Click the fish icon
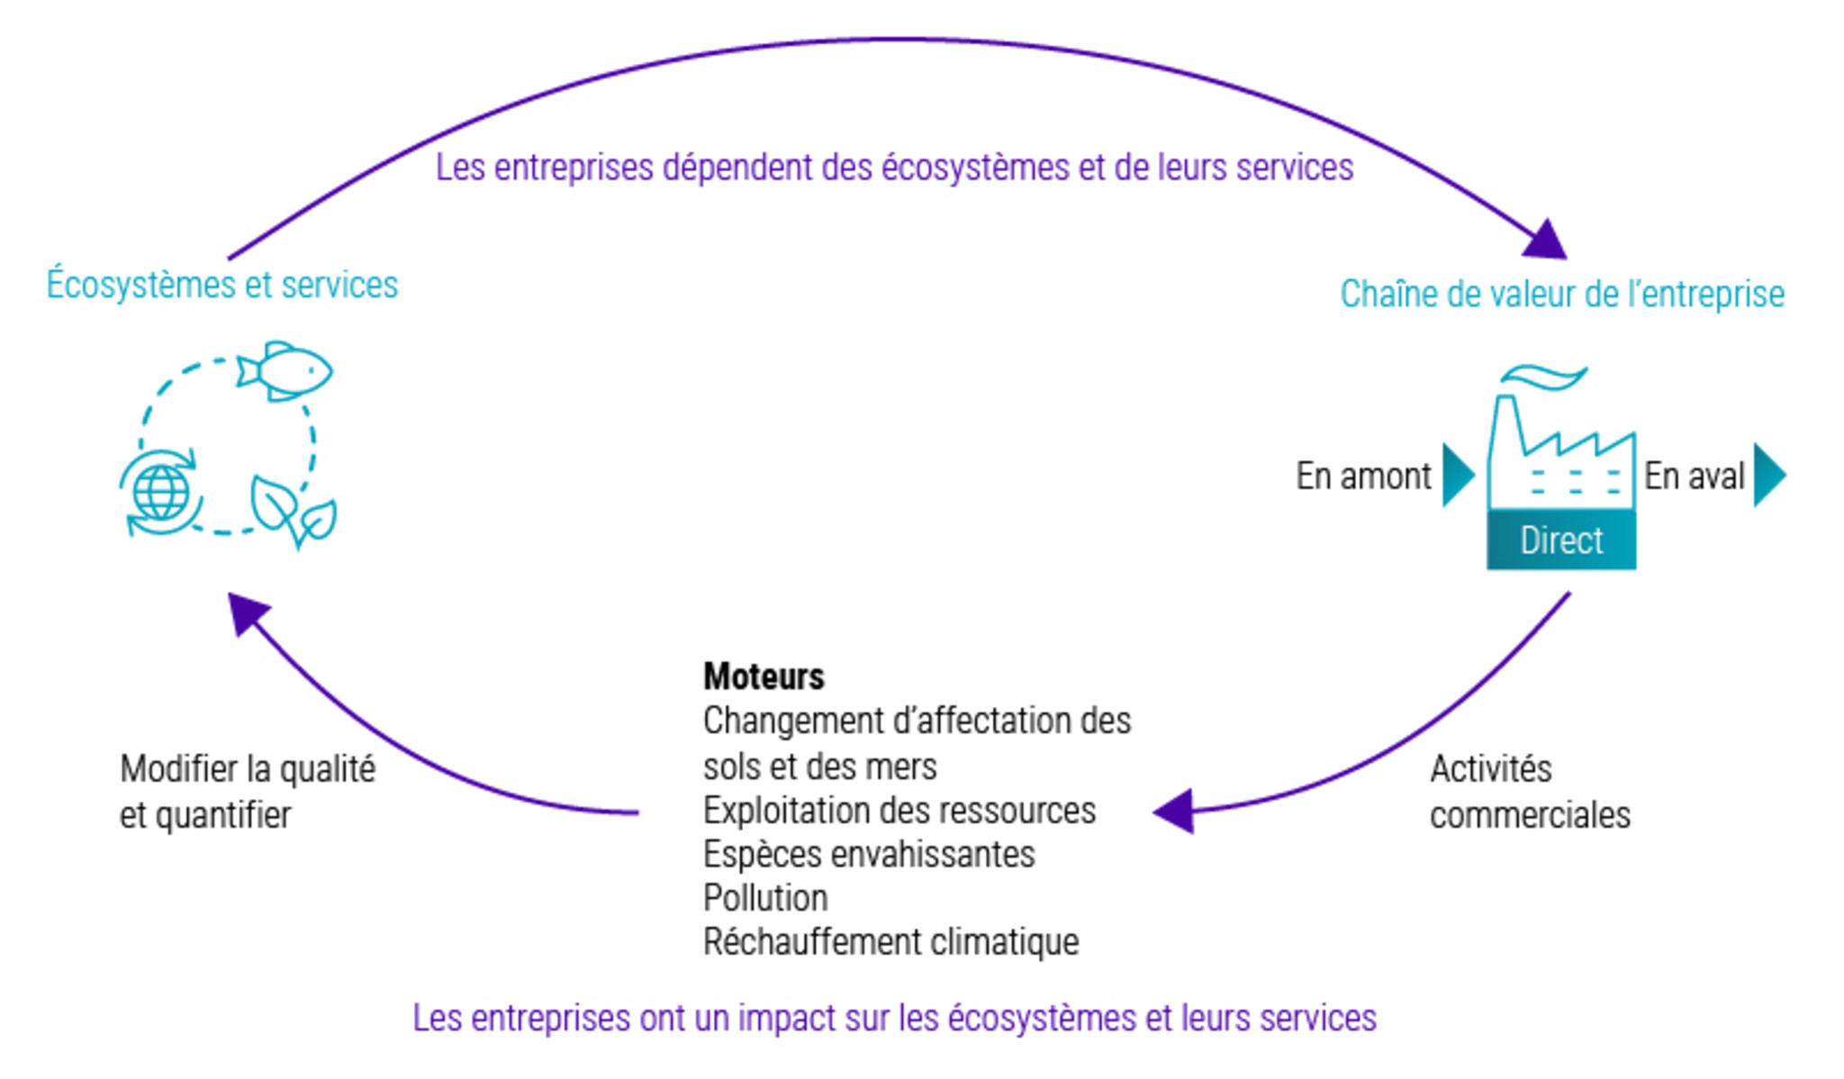(285, 370)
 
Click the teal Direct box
(1561, 539)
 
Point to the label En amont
(1363, 476)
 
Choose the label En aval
(1694, 476)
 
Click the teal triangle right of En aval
(1768, 475)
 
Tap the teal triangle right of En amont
(1457, 475)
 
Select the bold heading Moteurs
(764, 676)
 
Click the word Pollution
(765, 898)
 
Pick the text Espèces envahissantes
(869, 854)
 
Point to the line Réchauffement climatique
(890, 942)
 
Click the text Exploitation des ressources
(899, 811)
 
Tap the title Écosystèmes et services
(222, 285)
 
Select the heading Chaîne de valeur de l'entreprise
(1562, 294)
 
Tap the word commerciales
(1530, 815)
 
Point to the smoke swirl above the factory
(1543, 376)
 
